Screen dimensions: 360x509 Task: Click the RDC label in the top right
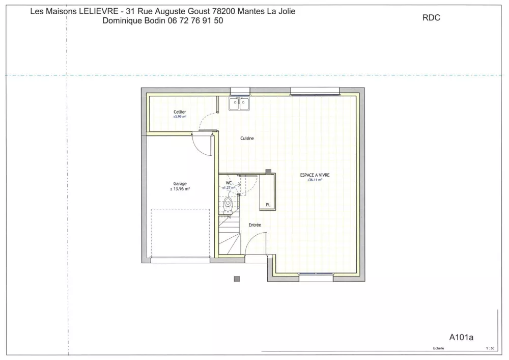pyautogui.click(x=431, y=18)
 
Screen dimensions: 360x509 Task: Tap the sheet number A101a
pyautogui.click(x=462, y=337)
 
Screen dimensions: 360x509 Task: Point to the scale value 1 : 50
pyautogui.click(x=490, y=349)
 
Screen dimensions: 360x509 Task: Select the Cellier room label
pyautogui.click(x=180, y=112)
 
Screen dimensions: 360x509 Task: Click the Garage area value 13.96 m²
pyautogui.click(x=181, y=189)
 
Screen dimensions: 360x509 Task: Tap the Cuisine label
pyautogui.click(x=247, y=139)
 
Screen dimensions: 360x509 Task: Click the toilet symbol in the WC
pyautogui.click(x=229, y=204)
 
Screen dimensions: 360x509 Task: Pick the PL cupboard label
pyautogui.click(x=268, y=205)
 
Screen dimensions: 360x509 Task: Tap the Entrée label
pyautogui.click(x=254, y=225)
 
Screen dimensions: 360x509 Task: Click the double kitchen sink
pyautogui.click(x=239, y=104)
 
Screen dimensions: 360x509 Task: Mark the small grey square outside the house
pyautogui.click(x=237, y=279)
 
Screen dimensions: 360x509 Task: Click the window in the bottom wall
pyautogui.click(x=316, y=278)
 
